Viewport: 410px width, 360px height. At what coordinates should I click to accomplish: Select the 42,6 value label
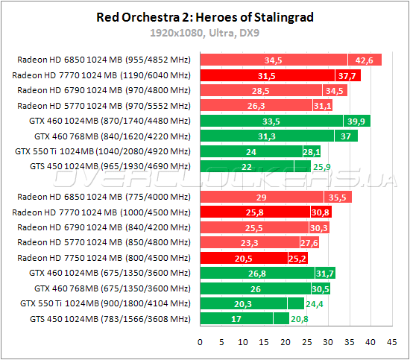coord(365,60)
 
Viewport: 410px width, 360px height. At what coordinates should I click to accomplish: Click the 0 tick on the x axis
coord(200,343)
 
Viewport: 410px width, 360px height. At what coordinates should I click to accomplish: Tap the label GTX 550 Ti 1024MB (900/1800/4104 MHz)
coord(106,303)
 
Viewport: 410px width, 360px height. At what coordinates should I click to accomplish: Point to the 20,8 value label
coord(299,319)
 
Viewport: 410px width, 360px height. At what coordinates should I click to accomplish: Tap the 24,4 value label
coord(315,303)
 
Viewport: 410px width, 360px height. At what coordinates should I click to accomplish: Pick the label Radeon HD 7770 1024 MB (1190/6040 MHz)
coord(101,75)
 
